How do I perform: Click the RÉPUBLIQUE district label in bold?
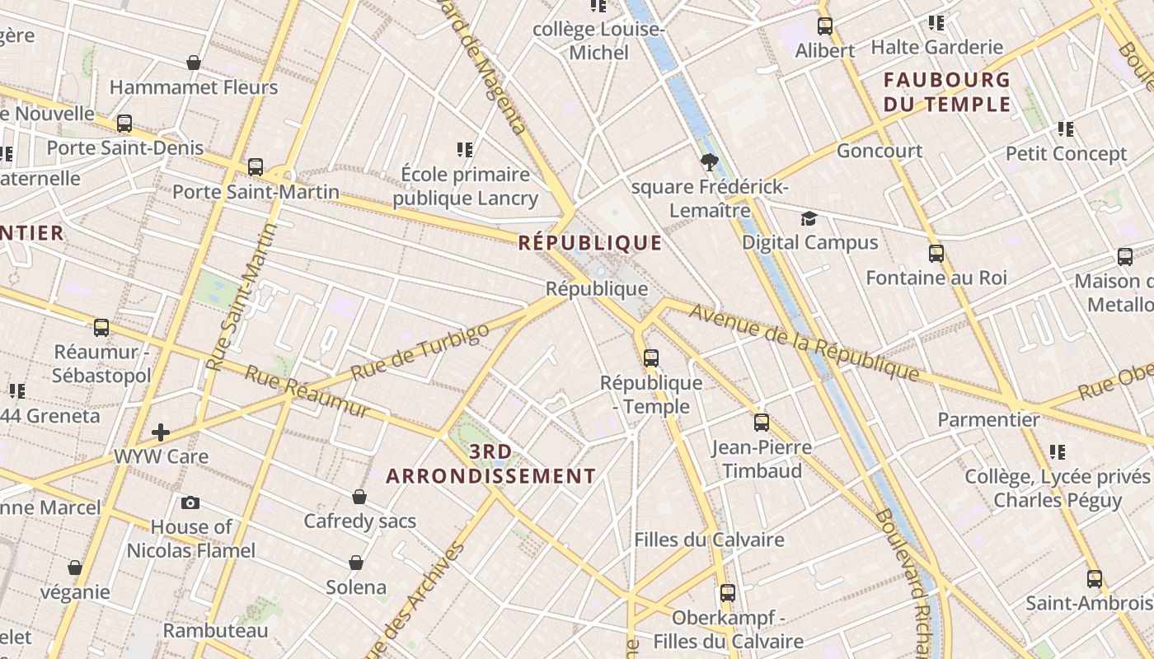click(589, 242)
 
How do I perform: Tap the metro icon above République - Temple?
click(651, 358)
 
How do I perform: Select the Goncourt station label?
click(880, 151)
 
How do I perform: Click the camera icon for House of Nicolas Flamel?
click(190, 502)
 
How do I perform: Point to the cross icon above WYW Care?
click(161, 432)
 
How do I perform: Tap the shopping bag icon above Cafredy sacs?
click(359, 497)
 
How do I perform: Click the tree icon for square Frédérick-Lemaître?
click(709, 162)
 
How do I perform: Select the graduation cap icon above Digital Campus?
click(809, 218)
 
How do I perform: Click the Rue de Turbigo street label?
click(420, 352)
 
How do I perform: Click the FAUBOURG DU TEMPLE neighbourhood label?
click(946, 92)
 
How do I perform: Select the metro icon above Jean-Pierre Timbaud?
click(762, 423)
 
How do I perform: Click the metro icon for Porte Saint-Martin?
click(256, 167)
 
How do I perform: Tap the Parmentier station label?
click(988, 419)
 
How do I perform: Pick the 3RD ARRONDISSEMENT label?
click(490, 464)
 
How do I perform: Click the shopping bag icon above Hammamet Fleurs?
click(194, 63)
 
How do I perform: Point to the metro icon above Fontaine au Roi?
click(936, 253)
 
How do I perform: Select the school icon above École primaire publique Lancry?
click(465, 150)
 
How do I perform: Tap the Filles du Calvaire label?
click(709, 540)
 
